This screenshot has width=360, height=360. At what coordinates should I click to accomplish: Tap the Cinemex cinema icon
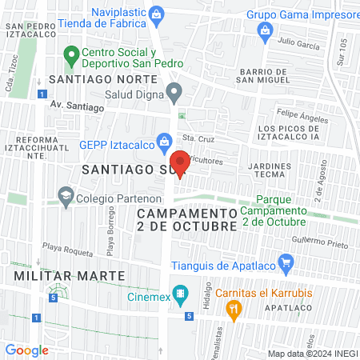(x=182, y=294)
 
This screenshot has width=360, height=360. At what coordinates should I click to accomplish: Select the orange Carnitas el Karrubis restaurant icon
(x=234, y=308)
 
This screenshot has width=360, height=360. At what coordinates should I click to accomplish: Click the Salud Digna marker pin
(x=174, y=94)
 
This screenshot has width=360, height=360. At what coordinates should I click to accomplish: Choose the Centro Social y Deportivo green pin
(x=70, y=55)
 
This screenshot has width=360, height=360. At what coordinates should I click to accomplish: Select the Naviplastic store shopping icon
(x=158, y=14)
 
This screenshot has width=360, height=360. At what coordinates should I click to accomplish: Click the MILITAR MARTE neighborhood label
(x=70, y=275)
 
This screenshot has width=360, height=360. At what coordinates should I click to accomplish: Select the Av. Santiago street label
(x=77, y=105)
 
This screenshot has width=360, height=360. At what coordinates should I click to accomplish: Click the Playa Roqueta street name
(x=62, y=247)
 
